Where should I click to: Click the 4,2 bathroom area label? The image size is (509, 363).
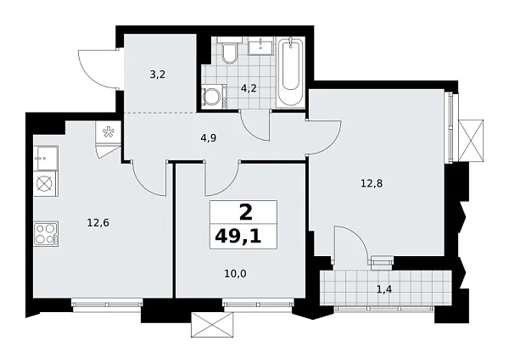[249, 85]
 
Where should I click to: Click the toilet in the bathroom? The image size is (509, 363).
[228, 53]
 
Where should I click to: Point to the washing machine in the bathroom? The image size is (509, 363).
[213, 95]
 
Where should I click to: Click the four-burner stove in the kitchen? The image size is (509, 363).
[46, 233]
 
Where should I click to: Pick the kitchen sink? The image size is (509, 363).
[45, 156]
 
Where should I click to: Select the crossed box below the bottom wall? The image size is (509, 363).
[206, 325]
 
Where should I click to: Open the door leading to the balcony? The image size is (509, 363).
[352, 245]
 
